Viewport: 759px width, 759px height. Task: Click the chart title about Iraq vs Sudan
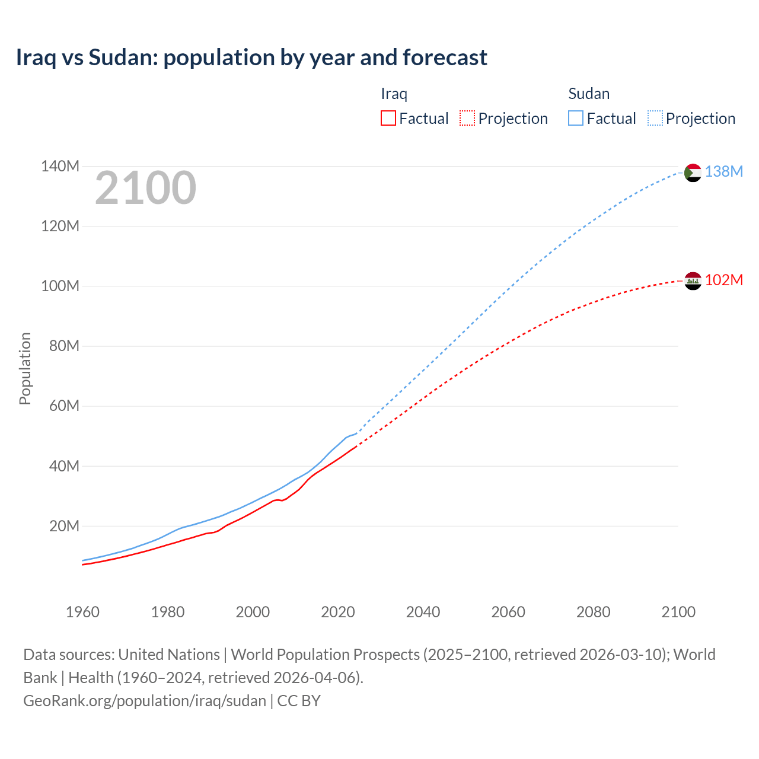251,58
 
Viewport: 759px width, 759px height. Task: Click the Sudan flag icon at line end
693,173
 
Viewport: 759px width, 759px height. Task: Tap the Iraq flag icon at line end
693,280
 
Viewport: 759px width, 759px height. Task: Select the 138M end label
723,171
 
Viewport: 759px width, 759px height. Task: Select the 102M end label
723,280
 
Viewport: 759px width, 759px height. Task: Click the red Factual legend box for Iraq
388,118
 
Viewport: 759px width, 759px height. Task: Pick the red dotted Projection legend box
467,118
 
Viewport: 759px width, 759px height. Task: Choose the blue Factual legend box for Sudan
575,118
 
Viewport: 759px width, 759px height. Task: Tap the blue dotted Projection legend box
655,118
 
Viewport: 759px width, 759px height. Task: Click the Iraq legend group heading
394,94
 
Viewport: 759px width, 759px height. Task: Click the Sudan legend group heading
589,94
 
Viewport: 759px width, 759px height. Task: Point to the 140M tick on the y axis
60,166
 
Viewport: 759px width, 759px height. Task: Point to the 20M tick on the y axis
64,526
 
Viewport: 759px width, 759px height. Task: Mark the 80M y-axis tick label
64,346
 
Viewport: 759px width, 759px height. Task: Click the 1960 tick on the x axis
82,612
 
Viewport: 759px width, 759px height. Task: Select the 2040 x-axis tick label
423,612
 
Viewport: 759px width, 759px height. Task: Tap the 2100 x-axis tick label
678,612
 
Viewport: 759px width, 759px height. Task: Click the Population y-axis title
25,368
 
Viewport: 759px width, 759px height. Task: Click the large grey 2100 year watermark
145,188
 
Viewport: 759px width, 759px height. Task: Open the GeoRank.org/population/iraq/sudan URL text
145,701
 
